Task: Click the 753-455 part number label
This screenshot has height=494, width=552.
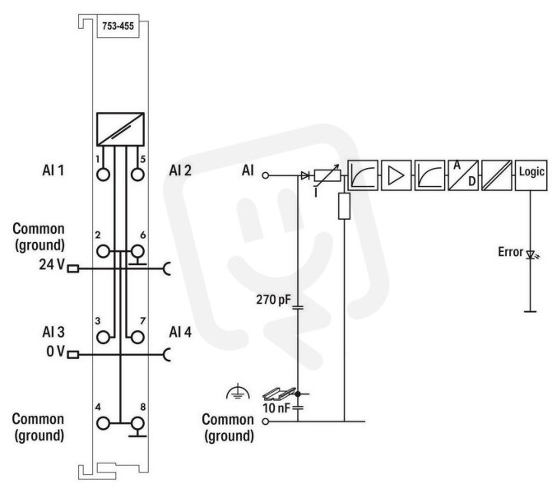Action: pos(118,26)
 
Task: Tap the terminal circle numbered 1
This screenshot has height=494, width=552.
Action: pos(103,175)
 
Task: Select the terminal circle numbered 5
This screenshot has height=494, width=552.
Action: pos(137,175)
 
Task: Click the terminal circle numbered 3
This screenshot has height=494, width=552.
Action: pos(103,338)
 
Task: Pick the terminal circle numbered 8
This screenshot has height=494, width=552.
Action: pos(137,423)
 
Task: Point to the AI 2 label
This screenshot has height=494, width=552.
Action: pos(180,170)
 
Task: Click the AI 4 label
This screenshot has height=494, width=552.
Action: pos(180,332)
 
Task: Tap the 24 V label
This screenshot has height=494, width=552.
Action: pos(52,264)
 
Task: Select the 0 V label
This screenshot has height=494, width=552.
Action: pos(56,351)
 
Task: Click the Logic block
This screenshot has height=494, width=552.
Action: pos(531,175)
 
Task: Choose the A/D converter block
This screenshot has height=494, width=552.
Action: pos(463,175)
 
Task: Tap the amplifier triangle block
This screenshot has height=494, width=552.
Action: pos(396,175)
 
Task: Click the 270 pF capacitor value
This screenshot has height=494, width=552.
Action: pos(274,300)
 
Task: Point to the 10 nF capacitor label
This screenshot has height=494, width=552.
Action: pos(276,408)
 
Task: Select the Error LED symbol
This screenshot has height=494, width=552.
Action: pos(531,254)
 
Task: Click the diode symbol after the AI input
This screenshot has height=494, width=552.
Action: pos(305,175)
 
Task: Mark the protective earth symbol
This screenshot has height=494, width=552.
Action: pos(238,392)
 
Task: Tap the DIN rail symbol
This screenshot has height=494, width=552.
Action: pos(279,394)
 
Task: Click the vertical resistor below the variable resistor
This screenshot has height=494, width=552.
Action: pos(344,206)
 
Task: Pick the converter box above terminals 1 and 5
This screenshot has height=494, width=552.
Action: pos(120,129)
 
